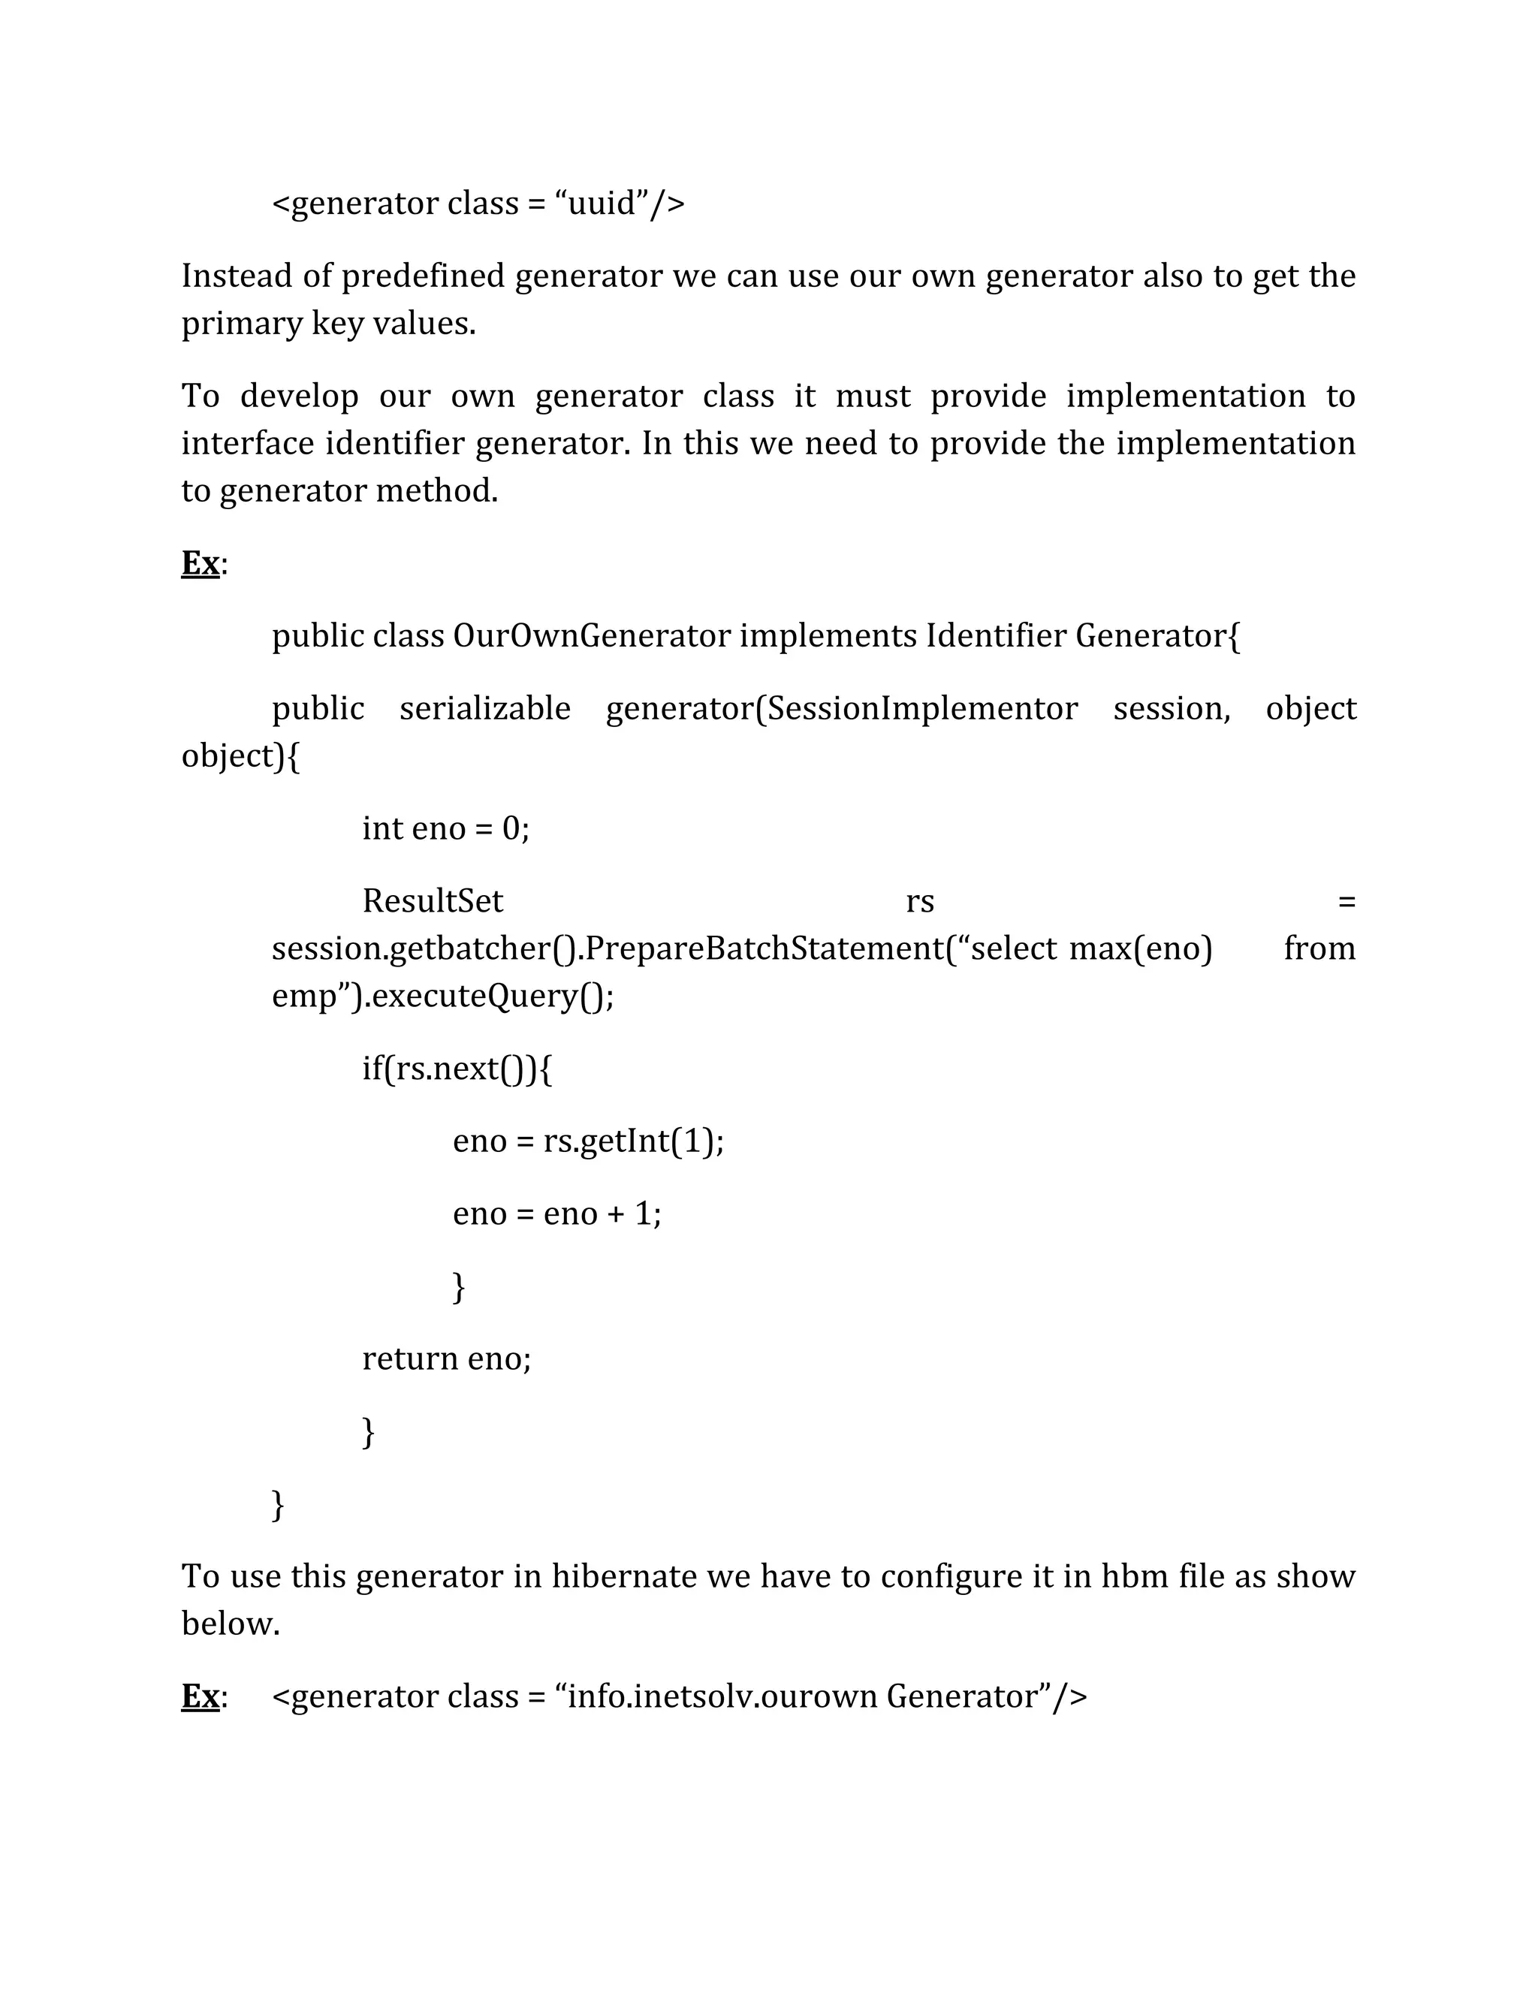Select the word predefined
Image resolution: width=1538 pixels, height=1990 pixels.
(423, 276)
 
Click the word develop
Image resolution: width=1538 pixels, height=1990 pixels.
(299, 396)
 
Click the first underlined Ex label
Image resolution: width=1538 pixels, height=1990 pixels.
(201, 563)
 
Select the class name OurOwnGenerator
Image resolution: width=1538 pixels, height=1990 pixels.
(591, 636)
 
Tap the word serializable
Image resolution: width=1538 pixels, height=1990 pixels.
(484, 709)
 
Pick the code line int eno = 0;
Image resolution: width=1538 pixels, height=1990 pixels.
(445, 828)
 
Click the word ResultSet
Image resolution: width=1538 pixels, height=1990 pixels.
(433, 901)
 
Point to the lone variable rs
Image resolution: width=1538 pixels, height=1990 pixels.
(920, 901)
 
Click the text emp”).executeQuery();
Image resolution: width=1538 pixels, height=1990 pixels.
(443, 996)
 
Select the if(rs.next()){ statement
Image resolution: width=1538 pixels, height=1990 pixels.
(457, 1068)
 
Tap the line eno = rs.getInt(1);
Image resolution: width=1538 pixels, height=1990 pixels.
(589, 1141)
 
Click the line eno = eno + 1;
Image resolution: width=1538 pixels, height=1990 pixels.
(556, 1214)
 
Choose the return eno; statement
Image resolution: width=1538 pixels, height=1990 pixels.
(447, 1358)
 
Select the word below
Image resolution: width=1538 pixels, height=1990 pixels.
(231, 1624)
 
